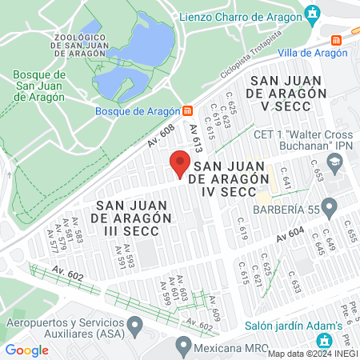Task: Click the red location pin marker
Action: pyautogui.click(x=180, y=164)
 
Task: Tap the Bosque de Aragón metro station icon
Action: pyautogui.click(x=187, y=110)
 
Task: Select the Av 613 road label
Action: pyautogui.click(x=194, y=137)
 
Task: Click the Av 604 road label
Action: pyautogui.click(x=290, y=234)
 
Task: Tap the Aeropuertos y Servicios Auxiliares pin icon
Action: pyautogui.click(x=135, y=325)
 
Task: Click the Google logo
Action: pyautogui.click(x=26, y=350)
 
